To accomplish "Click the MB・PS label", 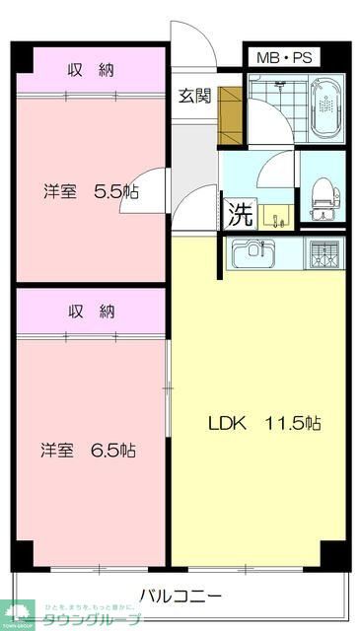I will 284,57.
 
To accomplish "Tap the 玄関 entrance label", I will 194,96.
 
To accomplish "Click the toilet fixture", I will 323,196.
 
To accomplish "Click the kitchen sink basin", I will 253,254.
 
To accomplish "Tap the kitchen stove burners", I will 324,254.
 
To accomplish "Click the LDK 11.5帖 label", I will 264,423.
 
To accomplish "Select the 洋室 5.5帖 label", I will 90,190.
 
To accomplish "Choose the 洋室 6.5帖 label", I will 89,450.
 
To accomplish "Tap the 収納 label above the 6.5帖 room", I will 91,312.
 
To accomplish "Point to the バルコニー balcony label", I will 180,596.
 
